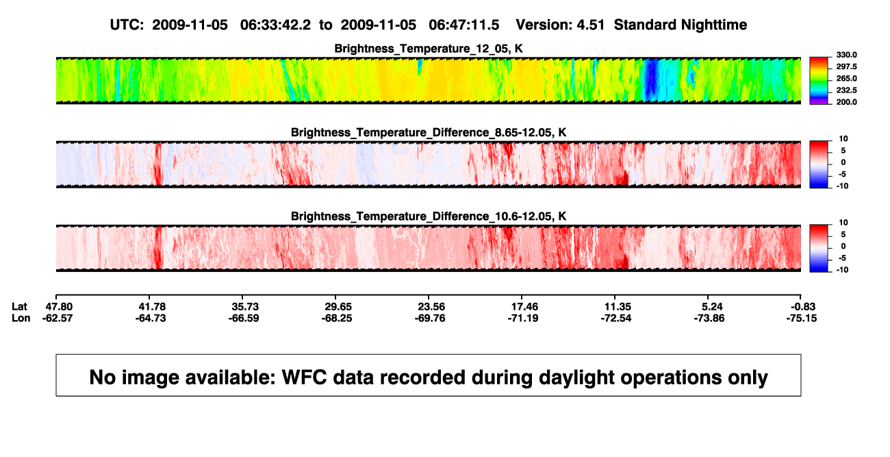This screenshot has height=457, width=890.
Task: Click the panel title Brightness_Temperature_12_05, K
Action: click(429, 49)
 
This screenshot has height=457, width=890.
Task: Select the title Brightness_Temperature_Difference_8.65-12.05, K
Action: click(429, 132)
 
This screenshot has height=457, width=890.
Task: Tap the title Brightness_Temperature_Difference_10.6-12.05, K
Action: click(429, 217)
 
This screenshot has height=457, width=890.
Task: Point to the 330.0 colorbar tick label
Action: click(846, 55)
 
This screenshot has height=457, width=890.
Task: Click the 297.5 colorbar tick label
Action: click(846, 66)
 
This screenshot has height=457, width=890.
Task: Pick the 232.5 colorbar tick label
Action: click(846, 90)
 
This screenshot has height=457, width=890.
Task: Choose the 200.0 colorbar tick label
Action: click(846, 102)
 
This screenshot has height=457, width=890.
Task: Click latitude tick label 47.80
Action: click(59, 307)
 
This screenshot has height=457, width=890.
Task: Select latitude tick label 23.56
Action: click(431, 307)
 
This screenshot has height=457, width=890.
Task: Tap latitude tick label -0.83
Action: click(803, 307)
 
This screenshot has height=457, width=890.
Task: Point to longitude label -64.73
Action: click(151, 318)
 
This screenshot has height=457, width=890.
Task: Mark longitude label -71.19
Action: click(523, 318)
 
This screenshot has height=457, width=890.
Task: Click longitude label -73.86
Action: click(709, 318)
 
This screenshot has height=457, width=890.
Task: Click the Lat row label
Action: click(19, 307)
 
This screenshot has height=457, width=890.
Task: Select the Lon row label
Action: click(21, 318)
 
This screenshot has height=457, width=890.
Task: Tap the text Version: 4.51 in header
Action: click(560, 25)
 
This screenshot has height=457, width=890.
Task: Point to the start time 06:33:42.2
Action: click(275, 25)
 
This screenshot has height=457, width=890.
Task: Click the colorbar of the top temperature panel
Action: click(819, 81)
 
